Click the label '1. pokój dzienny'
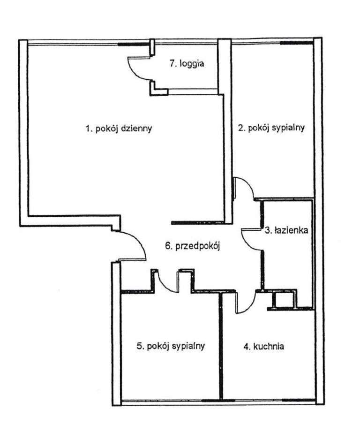click(119, 129)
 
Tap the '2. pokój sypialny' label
click(271, 128)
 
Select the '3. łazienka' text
click(286, 230)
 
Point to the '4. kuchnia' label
click(264, 347)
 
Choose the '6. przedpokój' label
click(193, 245)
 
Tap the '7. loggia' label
click(187, 64)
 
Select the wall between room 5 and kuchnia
click(221, 347)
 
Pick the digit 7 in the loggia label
click(172, 64)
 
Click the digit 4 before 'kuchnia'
click(245, 347)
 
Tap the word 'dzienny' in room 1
click(136, 129)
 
